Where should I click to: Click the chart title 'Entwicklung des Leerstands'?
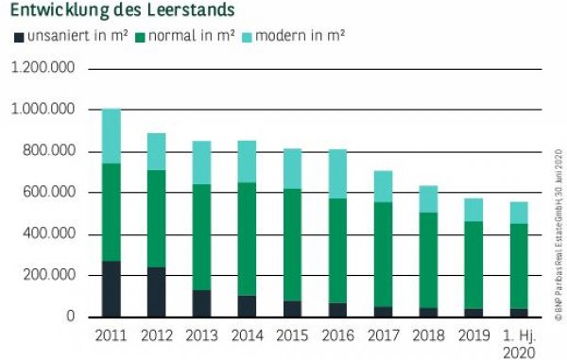[x=122, y=10]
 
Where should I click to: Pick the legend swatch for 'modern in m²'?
[x=249, y=36]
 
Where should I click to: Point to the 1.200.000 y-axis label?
[x=43, y=69]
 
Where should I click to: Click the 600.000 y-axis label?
[x=48, y=193]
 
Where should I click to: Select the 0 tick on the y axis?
[x=71, y=317]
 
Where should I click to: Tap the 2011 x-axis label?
[x=112, y=335]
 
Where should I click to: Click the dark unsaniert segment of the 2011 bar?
[x=112, y=288]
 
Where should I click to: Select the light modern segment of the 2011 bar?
[x=112, y=136]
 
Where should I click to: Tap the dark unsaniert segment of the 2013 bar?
[x=201, y=303]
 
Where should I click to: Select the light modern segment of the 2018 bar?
[x=427, y=198]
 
